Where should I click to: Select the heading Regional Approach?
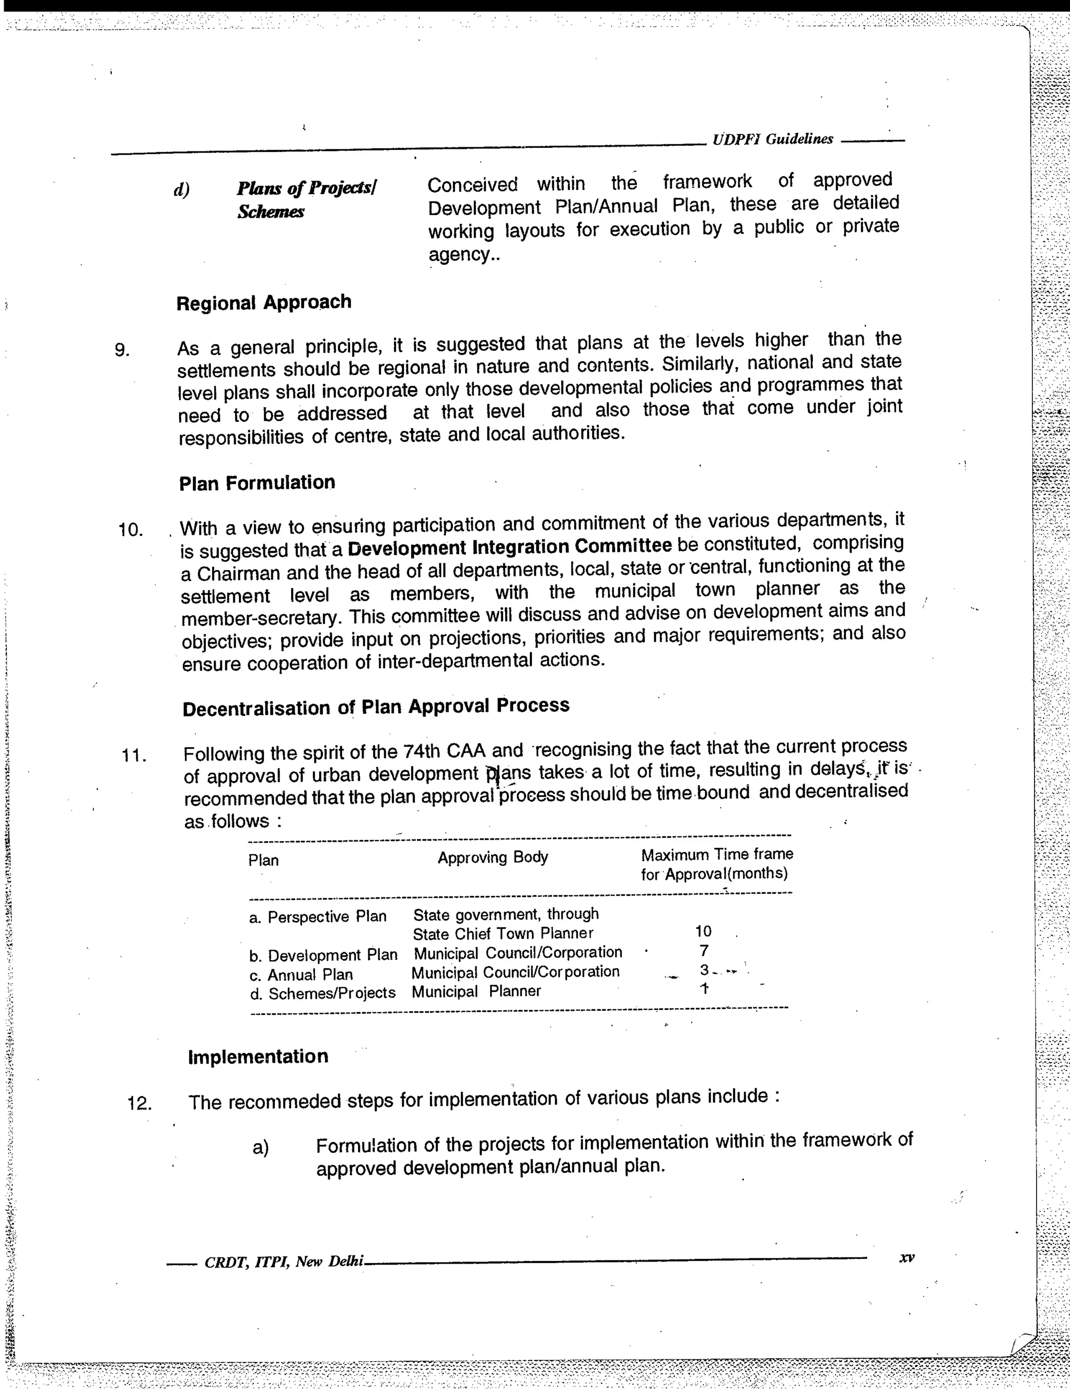pyautogui.click(x=264, y=302)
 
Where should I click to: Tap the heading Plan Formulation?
pyautogui.click(x=257, y=482)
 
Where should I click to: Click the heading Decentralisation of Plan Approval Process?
pyautogui.click(x=376, y=707)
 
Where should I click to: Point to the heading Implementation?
pyautogui.click(x=258, y=1056)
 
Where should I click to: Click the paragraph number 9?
pyautogui.click(x=122, y=349)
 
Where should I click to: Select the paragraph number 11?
pyautogui.click(x=134, y=756)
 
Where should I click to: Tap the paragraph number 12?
pyautogui.click(x=139, y=1102)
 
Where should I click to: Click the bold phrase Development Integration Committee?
pyautogui.click(x=510, y=547)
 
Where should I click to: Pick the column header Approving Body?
pyautogui.click(x=492, y=857)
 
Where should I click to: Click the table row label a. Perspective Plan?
pyautogui.click(x=318, y=916)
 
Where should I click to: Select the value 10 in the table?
pyautogui.click(x=703, y=932)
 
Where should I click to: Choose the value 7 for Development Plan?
pyautogui.click(x=703, y=951)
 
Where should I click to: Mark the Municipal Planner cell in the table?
pyautogui.click(x=476, y=991)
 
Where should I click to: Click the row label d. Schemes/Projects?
pyautogui.click(x=322, y=993)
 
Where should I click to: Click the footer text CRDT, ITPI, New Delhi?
pyautogui.click(x=283, y=1262)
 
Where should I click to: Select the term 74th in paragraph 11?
pyautogui.click(x=422, y=751)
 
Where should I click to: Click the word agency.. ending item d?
pyautogui.click(x=463, y=255)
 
